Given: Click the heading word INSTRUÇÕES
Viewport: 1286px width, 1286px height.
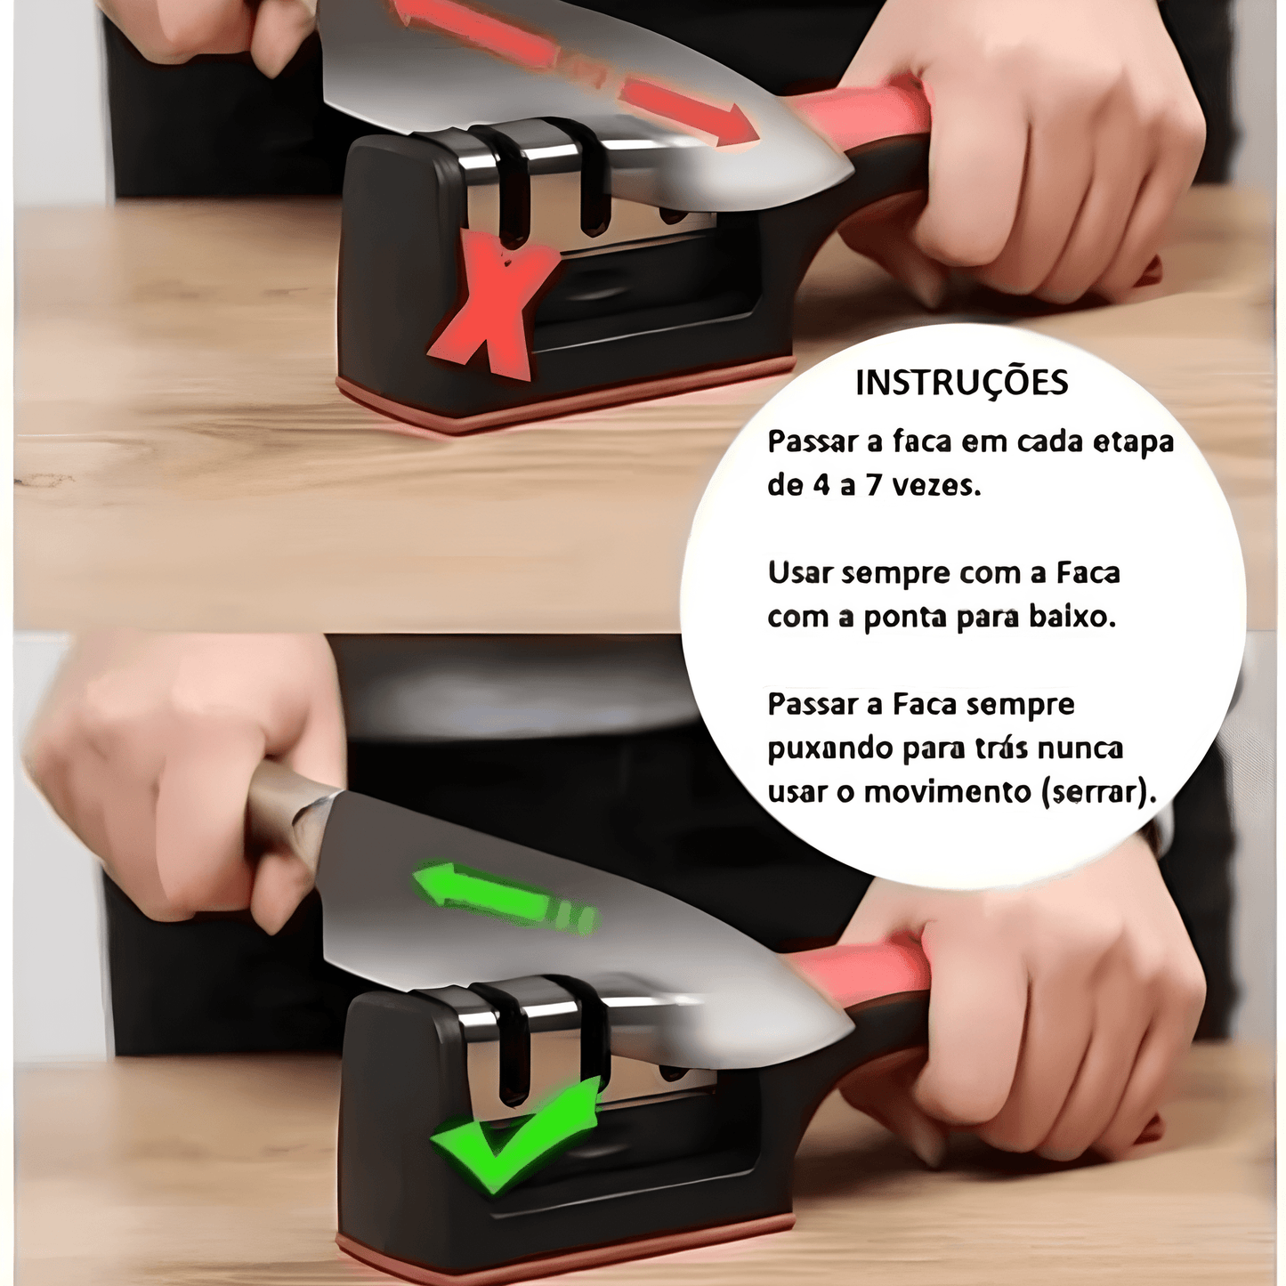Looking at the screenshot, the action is tap(961, 383).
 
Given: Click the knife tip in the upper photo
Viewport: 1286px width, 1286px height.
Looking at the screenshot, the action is tap(853, 174).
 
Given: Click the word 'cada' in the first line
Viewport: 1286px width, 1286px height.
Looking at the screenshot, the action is tap(1047, 442).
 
